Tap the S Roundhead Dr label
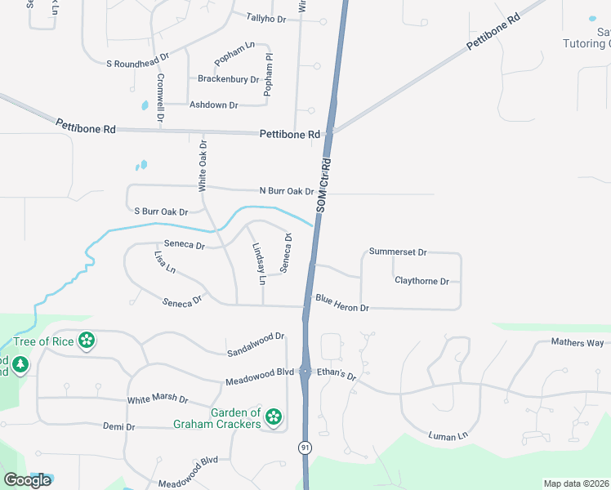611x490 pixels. pos(137,61)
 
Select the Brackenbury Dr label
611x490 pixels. pos(228,79)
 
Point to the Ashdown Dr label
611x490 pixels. pos(213,105)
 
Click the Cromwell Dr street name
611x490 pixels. pos(161,98)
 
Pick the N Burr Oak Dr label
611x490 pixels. pos(287,191)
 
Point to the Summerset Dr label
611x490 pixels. pos(398,252)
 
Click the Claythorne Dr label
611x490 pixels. pos(421,281)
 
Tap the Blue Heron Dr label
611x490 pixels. pos(342,304)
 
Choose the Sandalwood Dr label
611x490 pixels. pos(256,336)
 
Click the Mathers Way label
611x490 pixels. pos(577,342)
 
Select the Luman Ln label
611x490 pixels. pos(448,435)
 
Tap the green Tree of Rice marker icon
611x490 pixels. pos(86,341)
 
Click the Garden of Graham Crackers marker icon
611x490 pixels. pos(274,418)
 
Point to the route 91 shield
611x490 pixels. pos(305,448)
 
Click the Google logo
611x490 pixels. pos(27,480)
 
